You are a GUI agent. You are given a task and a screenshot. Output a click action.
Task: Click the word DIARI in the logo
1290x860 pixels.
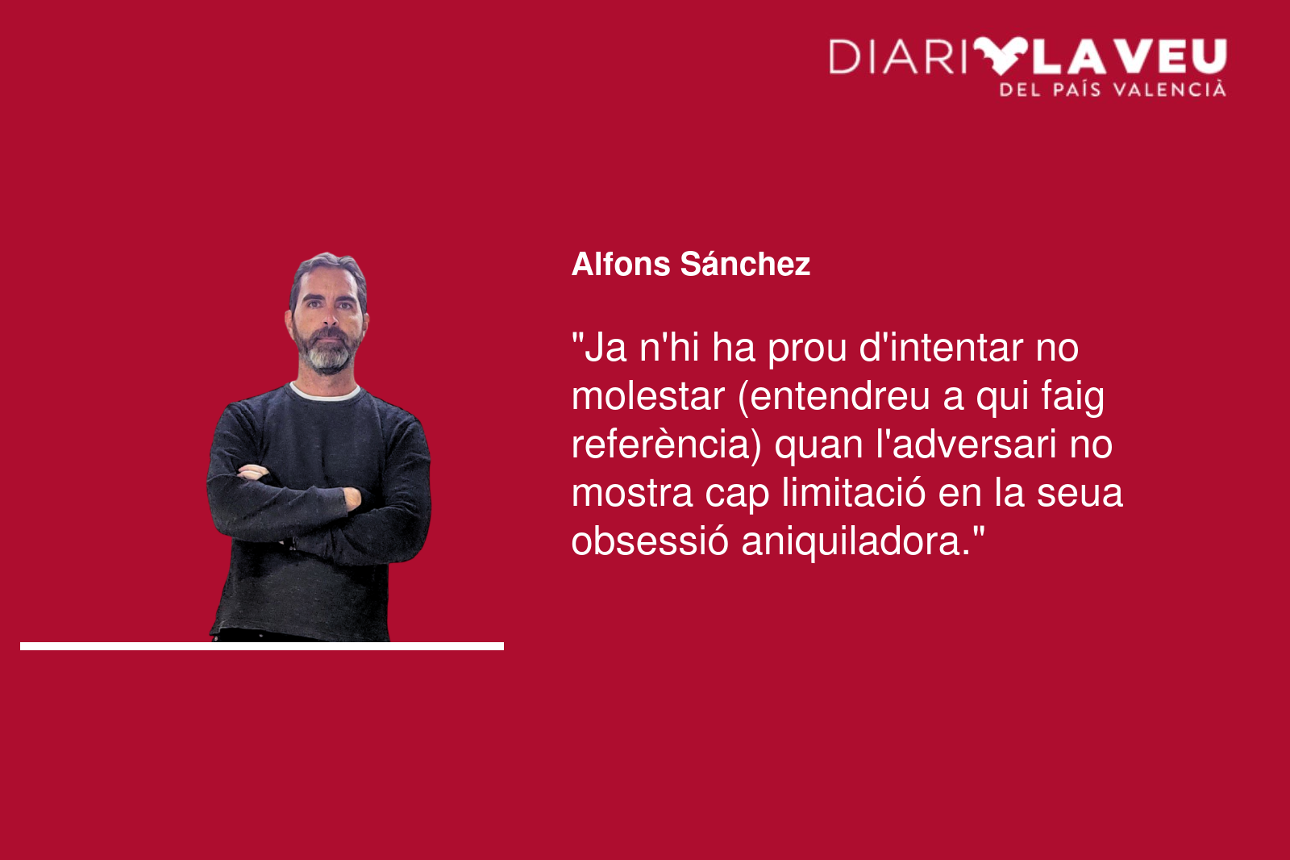click(x=897, y=56)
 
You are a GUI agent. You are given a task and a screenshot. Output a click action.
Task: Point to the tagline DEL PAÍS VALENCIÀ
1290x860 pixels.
click(x=1113, y=90)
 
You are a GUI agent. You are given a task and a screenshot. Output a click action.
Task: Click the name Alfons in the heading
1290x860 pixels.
click(x=621, y=264)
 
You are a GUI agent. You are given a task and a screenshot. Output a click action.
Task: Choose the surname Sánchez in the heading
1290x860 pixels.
click(x=745, y=264)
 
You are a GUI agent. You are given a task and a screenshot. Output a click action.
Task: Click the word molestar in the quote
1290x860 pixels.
click(x=648, y=397)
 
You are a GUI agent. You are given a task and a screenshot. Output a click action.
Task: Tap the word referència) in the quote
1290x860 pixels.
click(x=667, y=445)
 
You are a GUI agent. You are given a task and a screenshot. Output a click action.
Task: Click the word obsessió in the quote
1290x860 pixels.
click(x=650, y=542)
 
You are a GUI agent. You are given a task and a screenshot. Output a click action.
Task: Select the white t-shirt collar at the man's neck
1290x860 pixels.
click(x=325, y=393)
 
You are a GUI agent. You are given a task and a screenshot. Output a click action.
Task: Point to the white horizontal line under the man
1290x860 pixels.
click(x=262, y=646)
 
